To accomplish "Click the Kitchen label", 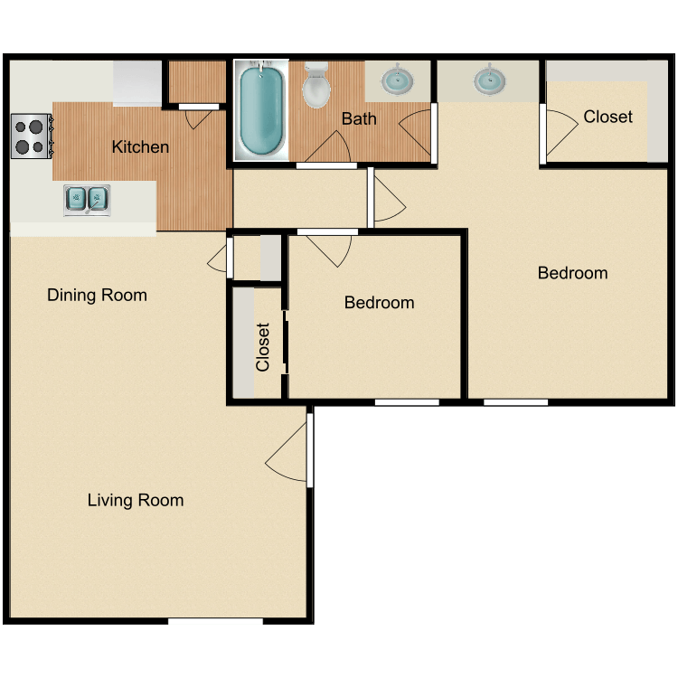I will [x=140, y=146].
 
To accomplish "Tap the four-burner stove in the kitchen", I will [x=30, y=136].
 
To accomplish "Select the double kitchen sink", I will [x=87, y=197].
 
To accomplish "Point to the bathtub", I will [x=261, y=110].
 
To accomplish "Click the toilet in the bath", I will [x=316, y=86].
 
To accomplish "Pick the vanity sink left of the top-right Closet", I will [x=488, y=80].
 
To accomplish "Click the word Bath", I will [x=359, y=118].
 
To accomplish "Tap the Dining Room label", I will [x=97, y=295].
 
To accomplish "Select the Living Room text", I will [x=136, y=500].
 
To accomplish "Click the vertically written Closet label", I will [x=263, y=347].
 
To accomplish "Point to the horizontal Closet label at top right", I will [x=607, y=117].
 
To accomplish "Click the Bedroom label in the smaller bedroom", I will [x=379, y=303].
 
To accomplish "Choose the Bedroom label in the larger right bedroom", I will [x=572, y=273].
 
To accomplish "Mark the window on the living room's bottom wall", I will [x=215, y=621].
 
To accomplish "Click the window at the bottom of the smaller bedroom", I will [x=407, y=401].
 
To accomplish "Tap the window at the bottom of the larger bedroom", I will [x=515, y=401].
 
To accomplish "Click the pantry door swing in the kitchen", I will [x=201, y=117].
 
